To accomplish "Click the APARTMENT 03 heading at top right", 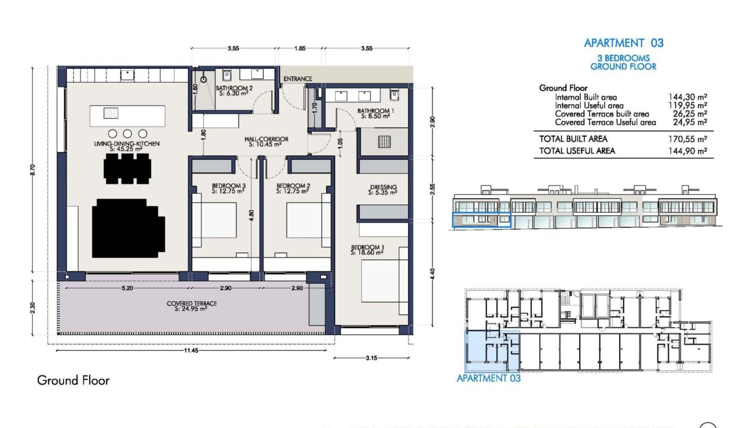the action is point(624,43).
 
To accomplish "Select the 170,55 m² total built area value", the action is point(687,139).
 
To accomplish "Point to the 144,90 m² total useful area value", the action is point(687,151).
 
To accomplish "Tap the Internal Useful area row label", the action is point(589,106).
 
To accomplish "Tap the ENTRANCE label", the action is point(298,79).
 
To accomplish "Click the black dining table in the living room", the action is point(127,169).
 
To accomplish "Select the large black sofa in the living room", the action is point(129,228).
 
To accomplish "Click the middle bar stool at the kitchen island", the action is point(127,134).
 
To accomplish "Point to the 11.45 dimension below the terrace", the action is point(191,350).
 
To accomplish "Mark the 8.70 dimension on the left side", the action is point(32,170).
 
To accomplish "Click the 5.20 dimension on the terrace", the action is point(127,288).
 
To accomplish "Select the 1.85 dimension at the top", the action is point(300,48).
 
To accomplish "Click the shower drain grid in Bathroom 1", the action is point(384,142).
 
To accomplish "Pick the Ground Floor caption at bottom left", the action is point(73,380).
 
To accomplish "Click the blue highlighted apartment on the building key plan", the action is point(492,351).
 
